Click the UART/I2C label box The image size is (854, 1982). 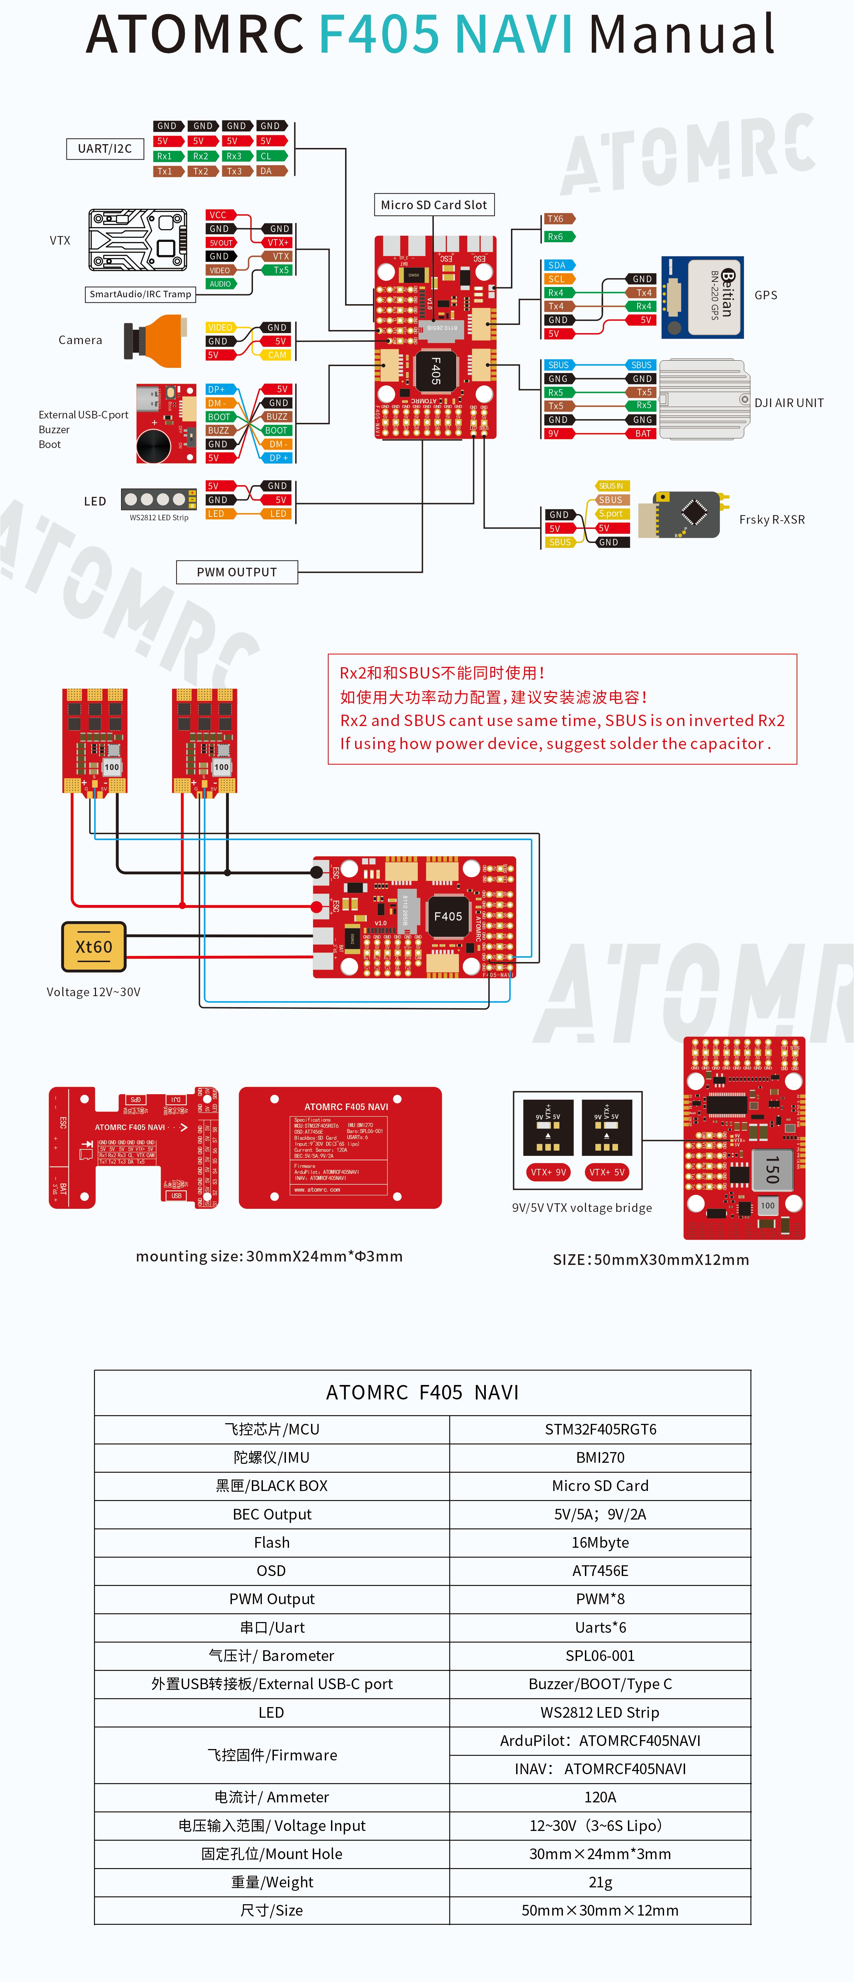105,149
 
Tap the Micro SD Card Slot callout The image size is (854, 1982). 433,205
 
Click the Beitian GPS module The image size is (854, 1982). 703,297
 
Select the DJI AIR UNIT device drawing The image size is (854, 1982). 703,399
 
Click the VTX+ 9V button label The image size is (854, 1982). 548,1172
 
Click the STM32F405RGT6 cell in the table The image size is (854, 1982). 600,1429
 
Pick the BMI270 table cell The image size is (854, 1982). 600,1457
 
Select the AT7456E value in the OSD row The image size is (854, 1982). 600,1570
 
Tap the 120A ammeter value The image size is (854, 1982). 600,1797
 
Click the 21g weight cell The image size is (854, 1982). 600,1882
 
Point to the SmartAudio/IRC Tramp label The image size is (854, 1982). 140,294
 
